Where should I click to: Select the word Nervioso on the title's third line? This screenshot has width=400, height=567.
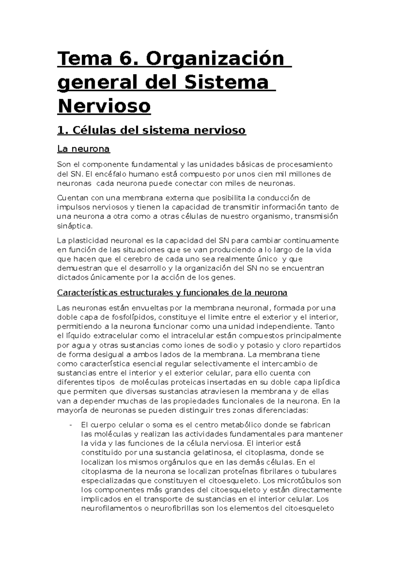click(x=104, y=106)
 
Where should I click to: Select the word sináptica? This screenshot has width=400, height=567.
click(x=74, y=226)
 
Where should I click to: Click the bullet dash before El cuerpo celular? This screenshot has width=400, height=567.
click(x=71, y=425)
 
